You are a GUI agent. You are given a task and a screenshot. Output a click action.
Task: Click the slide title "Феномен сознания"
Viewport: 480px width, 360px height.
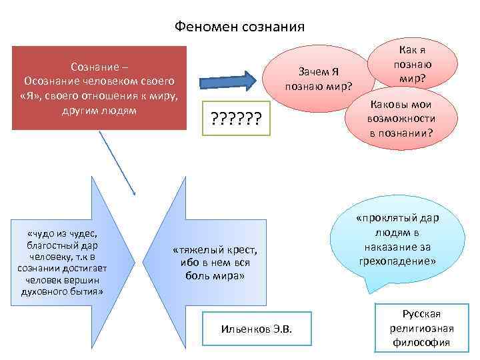pyautogui.click(x=239, y=27)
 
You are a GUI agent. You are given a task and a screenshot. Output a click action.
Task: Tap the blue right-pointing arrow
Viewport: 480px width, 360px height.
pyautogui.click(x=227, y=80)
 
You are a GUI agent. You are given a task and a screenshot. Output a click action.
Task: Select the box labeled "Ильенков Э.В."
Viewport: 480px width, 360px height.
pyautogui.click(x=257, y=331)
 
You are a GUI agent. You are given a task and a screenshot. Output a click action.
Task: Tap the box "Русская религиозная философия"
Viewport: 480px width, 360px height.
pyautogui.click(x=422, y=329)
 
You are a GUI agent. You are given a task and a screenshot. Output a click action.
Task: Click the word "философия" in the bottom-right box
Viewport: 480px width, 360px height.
pyautogui.click(x=422, y=343)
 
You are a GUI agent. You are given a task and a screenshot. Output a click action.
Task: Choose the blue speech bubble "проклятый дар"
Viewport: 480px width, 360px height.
pyautogui.click(x=397, y=240)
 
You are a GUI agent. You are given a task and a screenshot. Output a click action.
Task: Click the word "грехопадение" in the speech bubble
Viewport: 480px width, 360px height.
pyautogui.click(x=397, y=262)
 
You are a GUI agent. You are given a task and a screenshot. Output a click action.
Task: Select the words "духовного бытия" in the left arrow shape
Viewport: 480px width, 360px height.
pyautogui.click(x=62, y=291)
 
